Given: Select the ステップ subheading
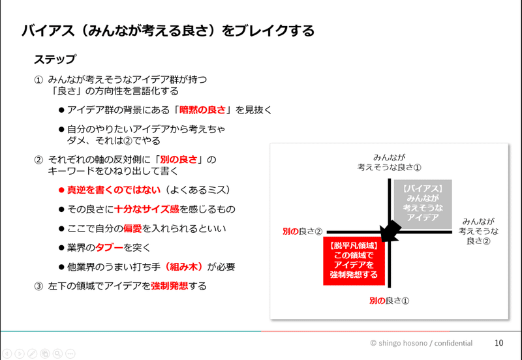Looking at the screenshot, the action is point(55,59).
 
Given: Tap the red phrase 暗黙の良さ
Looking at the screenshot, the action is point(207,109).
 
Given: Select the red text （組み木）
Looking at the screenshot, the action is point(187,266).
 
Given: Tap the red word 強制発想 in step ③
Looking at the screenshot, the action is point(171,286).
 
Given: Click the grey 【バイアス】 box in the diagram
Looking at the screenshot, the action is point(422,203).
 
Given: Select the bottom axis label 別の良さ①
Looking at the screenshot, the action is point(389,301).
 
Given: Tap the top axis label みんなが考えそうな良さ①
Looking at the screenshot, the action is point(390,162).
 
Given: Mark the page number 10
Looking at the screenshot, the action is point(498,342).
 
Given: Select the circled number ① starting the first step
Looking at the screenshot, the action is point(38,80).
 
